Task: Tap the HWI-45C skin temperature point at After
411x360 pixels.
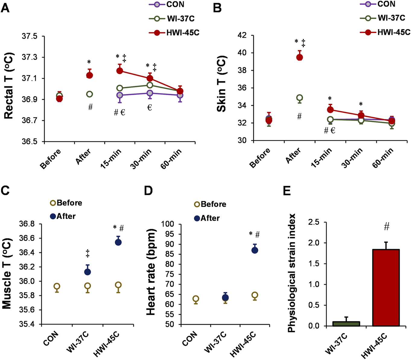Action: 299,57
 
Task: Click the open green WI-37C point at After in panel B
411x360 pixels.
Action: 299,98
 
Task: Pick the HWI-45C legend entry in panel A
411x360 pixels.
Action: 174,33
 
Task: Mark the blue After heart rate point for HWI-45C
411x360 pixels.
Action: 255,250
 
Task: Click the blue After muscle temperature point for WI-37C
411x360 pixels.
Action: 87,272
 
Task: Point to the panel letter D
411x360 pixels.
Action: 148,191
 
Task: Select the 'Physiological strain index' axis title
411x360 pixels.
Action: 292,273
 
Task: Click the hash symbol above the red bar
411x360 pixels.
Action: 387,227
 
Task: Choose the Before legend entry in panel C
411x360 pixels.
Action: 66,203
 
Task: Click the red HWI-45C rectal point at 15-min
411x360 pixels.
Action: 120,71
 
